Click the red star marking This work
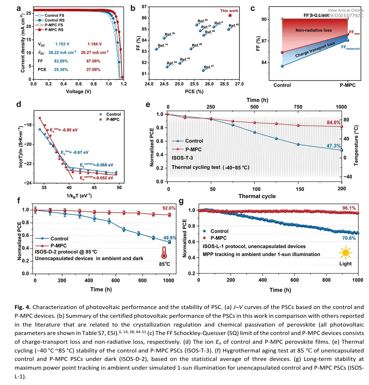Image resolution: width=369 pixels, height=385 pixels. click(230, 15)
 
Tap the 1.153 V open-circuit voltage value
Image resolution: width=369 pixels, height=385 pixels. click(58, 44)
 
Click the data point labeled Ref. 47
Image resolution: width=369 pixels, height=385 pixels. click(203, 70)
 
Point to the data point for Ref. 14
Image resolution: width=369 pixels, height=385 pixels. click(156, 49)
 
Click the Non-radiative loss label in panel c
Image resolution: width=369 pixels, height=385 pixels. click(314, 30)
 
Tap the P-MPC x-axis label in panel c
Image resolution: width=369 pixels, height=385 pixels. click(345, 85)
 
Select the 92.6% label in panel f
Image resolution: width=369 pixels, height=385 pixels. click(170, 208)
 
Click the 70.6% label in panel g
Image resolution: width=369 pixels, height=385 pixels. click(349, 239)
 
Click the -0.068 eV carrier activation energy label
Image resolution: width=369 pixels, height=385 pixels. click(94, 165)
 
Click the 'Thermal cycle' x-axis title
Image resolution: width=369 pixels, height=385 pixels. click(257, 196)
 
